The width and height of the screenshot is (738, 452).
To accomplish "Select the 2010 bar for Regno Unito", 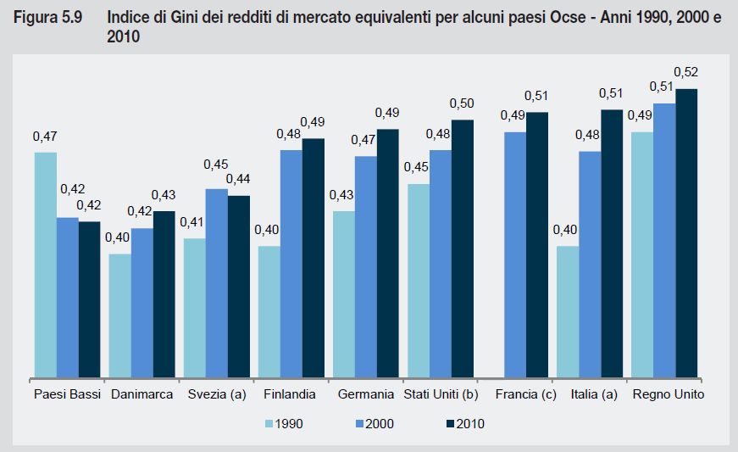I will pos(685,232).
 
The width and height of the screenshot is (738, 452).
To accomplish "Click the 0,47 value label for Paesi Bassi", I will pos(44,136).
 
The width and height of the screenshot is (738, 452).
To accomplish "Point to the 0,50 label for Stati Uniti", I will pos(462,103).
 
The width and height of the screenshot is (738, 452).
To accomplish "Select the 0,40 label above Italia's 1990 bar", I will pos(564,229).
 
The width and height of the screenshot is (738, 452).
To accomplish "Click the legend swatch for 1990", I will pos(271,423).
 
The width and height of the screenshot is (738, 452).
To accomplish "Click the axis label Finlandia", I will pos(290,394).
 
